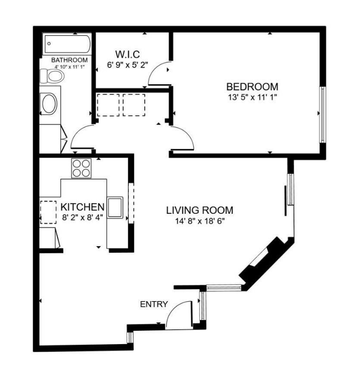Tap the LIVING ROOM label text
point(200,210)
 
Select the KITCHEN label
point(82,207)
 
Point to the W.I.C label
point(127,55)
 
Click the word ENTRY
point(154,304)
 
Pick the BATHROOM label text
point(69,60)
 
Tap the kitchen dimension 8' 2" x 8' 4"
point(82,217)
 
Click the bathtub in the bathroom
point(68,44)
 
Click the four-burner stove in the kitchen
point(81,168)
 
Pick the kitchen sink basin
point(115,207)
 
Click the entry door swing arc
point(177,312)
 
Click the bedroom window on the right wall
point(322,114)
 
